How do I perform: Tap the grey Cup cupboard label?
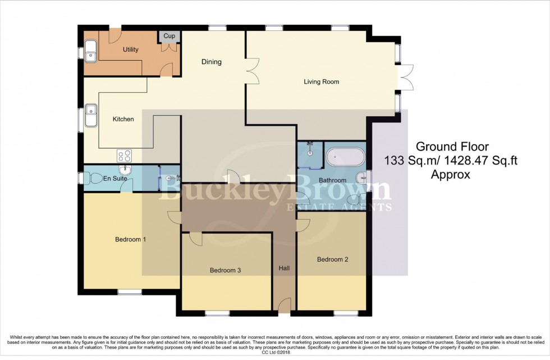169,37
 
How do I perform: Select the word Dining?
212,62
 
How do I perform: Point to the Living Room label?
322,81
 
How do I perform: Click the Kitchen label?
123,119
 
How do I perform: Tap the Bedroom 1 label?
130,239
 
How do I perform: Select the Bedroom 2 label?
332,259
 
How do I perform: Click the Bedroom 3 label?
225,270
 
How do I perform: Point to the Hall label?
284,269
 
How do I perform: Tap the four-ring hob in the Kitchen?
124,155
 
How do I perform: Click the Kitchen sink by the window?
91,117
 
